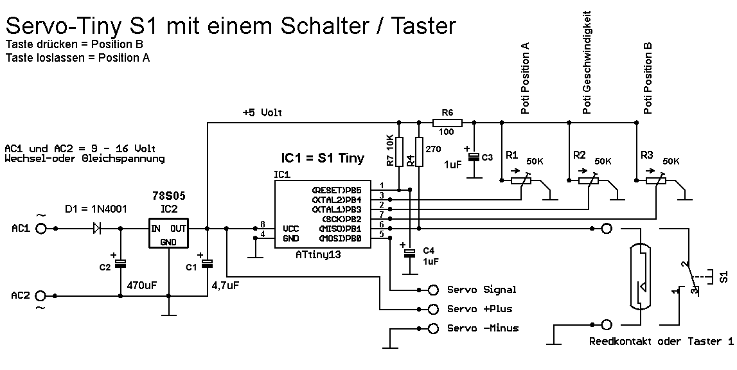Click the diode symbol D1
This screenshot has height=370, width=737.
pos(97,227)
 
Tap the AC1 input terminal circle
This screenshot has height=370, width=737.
pos(42,228)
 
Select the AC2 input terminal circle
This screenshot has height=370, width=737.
pos(42,295)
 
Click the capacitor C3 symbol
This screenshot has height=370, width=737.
pos(474,157)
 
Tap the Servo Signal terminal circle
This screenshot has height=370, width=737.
pos(434,290)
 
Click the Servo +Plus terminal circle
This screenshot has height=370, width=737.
pos(434,308)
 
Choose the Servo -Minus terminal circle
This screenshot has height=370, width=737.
pos(434,328)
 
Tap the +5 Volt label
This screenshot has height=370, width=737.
pos(263,112)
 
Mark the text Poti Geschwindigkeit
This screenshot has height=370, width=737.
pos(586,62)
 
